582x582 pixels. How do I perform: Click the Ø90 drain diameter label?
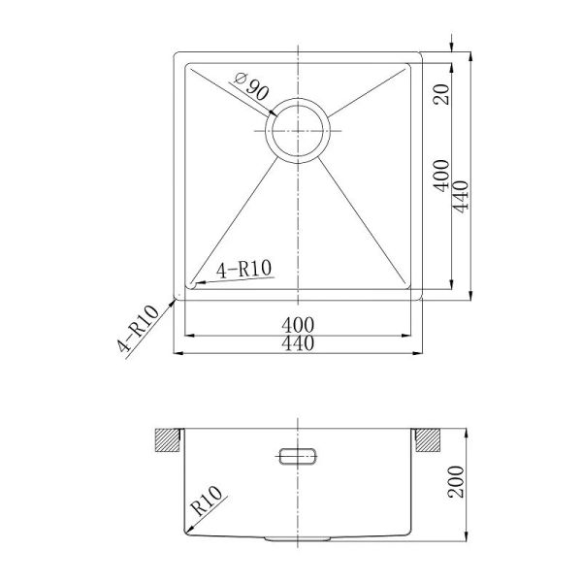point(251,87)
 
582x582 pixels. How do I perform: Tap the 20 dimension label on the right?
point(441,94)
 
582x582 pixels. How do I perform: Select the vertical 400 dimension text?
point(441,176)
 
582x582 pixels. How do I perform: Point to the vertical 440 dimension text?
point(461,197)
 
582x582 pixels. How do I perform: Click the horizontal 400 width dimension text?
point(298,326)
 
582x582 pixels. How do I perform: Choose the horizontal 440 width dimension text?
point(298,343)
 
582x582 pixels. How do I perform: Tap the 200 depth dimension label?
point(456,482)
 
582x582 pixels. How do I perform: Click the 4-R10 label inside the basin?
point(244,269)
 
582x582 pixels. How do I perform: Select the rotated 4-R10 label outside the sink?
point(138,329)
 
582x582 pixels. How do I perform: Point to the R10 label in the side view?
point(207,501)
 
